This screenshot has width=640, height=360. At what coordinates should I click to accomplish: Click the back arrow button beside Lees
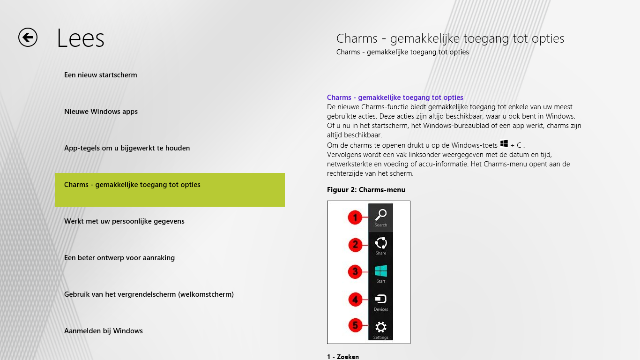coord(28,37)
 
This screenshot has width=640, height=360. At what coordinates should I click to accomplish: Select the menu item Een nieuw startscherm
coord(101,75)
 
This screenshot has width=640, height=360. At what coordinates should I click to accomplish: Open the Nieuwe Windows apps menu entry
coord(101,112)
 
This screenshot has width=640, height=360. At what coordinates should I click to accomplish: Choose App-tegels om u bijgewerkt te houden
coord(127,148)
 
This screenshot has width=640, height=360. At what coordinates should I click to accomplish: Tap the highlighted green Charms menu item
coord(170,189)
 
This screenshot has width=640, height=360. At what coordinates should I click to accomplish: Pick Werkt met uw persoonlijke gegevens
coord(124,221)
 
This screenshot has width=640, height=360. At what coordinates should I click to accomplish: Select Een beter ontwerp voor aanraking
coord(119,258)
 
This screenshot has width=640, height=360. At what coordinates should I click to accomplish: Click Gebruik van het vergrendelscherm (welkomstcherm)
coord(149,294)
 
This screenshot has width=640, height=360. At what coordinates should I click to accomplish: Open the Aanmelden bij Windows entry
coord(104,331)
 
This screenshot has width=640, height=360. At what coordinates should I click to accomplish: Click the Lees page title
coord(81,38)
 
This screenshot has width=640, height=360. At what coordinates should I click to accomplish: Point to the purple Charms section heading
coord(395,97)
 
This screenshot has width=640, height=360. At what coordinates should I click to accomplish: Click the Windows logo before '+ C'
coord(504,143)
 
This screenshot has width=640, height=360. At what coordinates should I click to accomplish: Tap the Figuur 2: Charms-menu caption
coord(366,190)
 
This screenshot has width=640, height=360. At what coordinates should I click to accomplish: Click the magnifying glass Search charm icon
coord(381,215)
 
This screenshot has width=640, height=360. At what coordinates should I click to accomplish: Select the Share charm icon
coord(381,243)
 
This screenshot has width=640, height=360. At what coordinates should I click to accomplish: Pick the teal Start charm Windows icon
coord(381,271)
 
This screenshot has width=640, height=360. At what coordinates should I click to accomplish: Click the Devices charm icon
coord(381,299)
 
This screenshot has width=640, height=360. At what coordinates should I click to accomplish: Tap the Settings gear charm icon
coord(381,327)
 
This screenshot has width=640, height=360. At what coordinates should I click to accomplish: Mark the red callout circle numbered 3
coord(355,272)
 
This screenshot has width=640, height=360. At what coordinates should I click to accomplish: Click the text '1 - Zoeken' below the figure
coord(343,357)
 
